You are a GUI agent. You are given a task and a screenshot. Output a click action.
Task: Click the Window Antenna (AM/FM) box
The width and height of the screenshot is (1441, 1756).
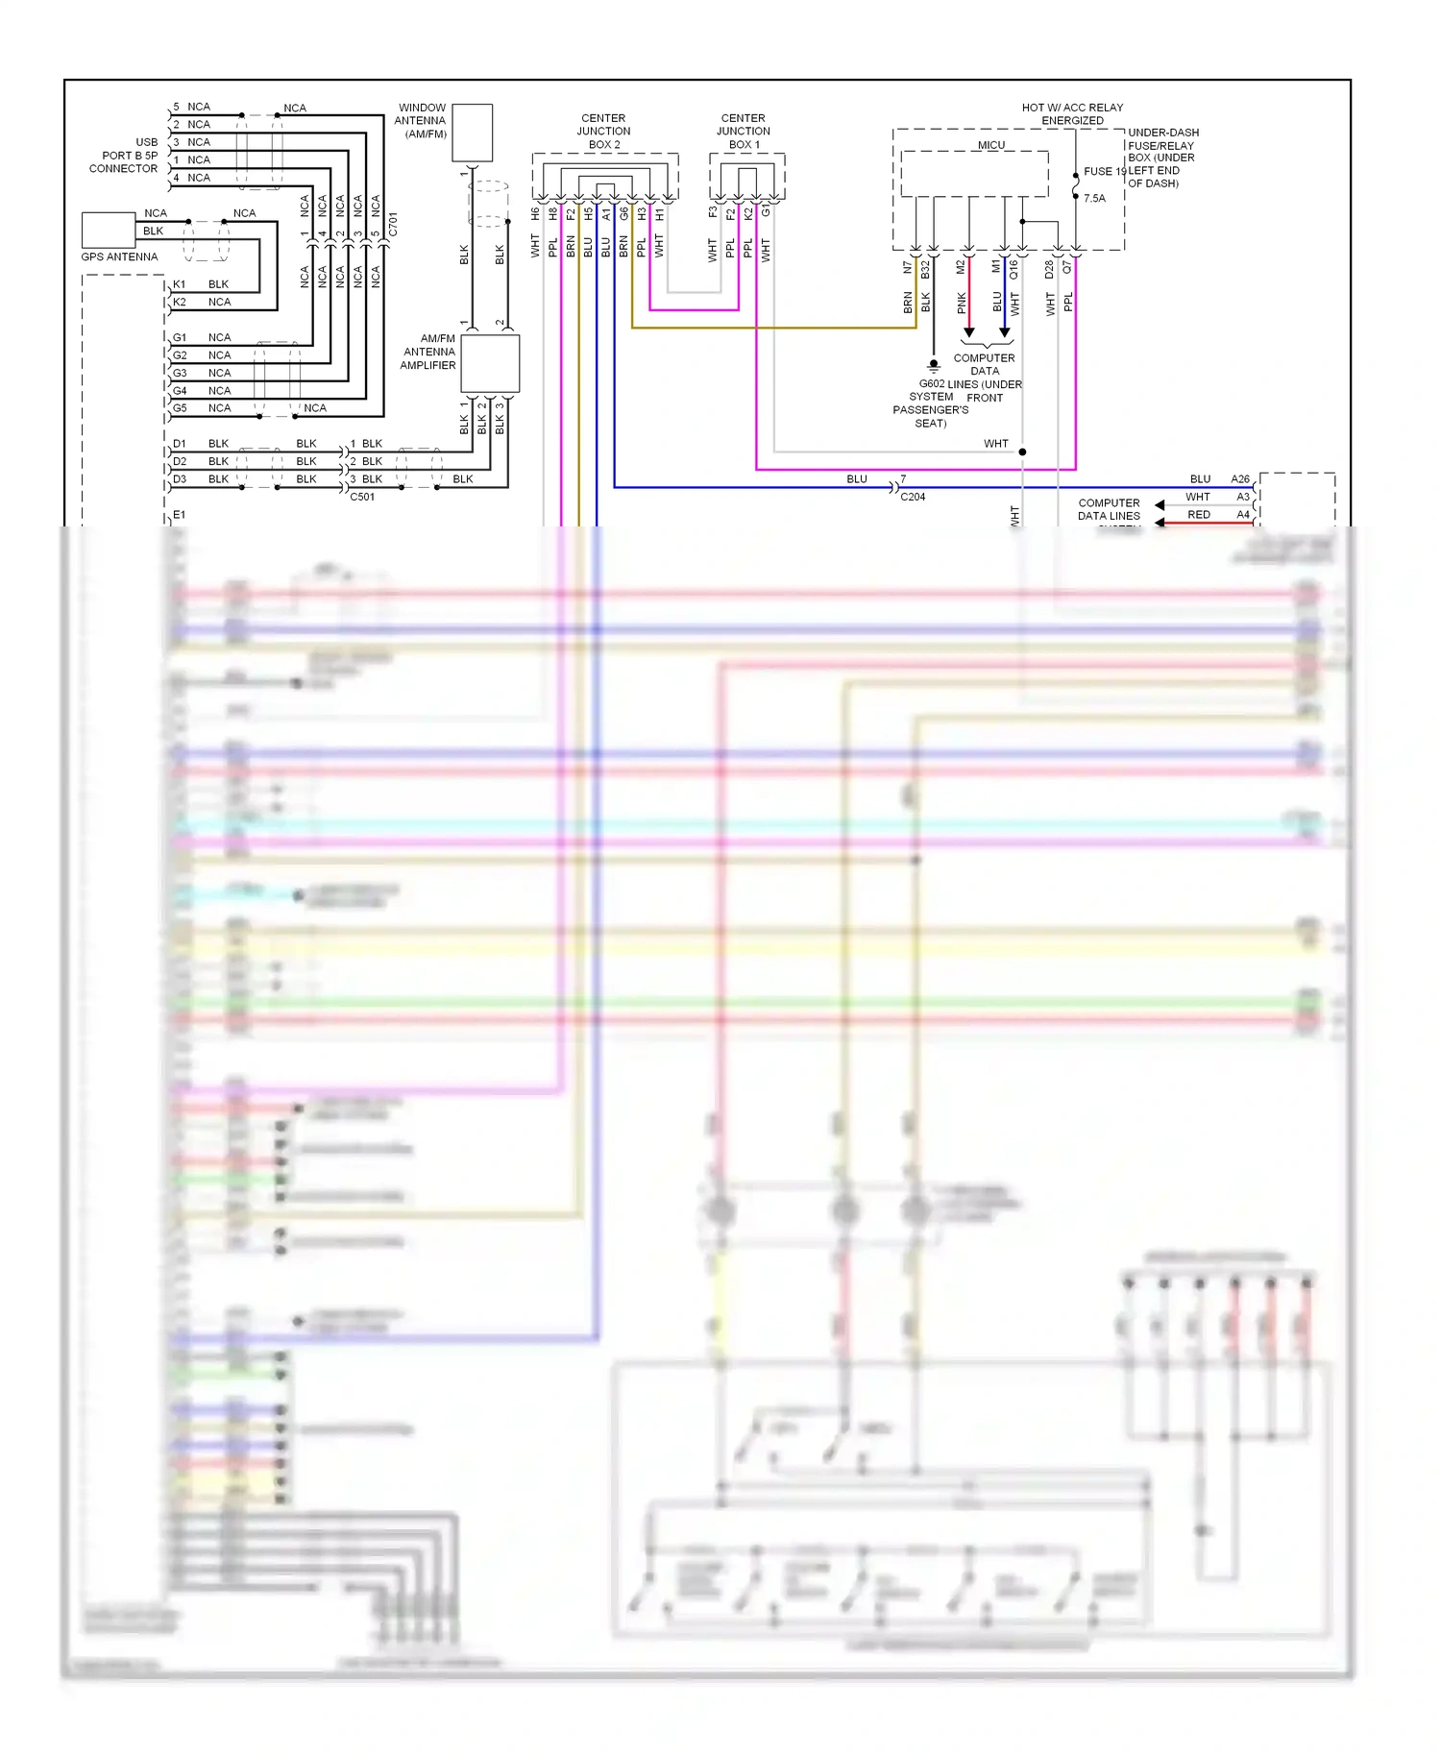[472, 133]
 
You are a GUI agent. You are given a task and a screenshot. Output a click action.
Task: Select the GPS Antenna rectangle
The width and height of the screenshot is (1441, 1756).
[108, 231]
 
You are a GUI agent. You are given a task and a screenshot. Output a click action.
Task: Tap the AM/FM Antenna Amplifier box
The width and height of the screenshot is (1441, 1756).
[490, 363]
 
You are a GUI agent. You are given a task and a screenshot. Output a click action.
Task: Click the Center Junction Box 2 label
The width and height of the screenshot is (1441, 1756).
[603, 132]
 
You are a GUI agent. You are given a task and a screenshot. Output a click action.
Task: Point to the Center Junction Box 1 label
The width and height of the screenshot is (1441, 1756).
[743, 132]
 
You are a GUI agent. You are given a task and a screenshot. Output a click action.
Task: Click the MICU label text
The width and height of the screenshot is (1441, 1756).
[990, 145]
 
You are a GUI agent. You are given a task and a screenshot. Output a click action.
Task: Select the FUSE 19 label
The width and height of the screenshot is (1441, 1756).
[1103, 172]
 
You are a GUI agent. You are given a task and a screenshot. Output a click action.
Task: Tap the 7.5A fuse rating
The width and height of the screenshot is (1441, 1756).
[1094, 199]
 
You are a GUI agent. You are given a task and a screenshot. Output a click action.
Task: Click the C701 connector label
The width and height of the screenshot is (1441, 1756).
[393, 226]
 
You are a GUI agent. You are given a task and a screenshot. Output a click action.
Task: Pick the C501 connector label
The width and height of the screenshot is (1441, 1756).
[362, 497]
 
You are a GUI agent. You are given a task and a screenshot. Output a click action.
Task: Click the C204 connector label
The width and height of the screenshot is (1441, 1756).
[913, 497]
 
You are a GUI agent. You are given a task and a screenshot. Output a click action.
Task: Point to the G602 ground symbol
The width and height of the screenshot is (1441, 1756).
[933, 366]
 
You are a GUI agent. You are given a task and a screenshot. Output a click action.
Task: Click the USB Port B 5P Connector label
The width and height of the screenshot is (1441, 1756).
[124, 156]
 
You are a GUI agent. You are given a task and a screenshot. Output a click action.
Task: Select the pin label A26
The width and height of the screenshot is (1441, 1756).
[1240, 478]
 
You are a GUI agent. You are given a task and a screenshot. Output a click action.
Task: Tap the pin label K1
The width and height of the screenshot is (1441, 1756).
[179, 284]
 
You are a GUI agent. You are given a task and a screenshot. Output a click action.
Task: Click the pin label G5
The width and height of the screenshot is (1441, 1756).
[180, 408]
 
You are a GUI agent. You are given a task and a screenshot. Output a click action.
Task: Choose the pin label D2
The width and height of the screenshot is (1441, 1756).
[180, 461]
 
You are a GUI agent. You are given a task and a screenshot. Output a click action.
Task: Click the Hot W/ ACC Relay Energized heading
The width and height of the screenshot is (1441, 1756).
[1072, 114]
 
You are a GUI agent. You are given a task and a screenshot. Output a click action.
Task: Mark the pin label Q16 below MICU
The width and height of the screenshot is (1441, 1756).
[1014, 271]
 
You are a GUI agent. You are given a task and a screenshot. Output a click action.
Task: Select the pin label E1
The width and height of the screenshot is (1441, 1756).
[179, 515]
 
